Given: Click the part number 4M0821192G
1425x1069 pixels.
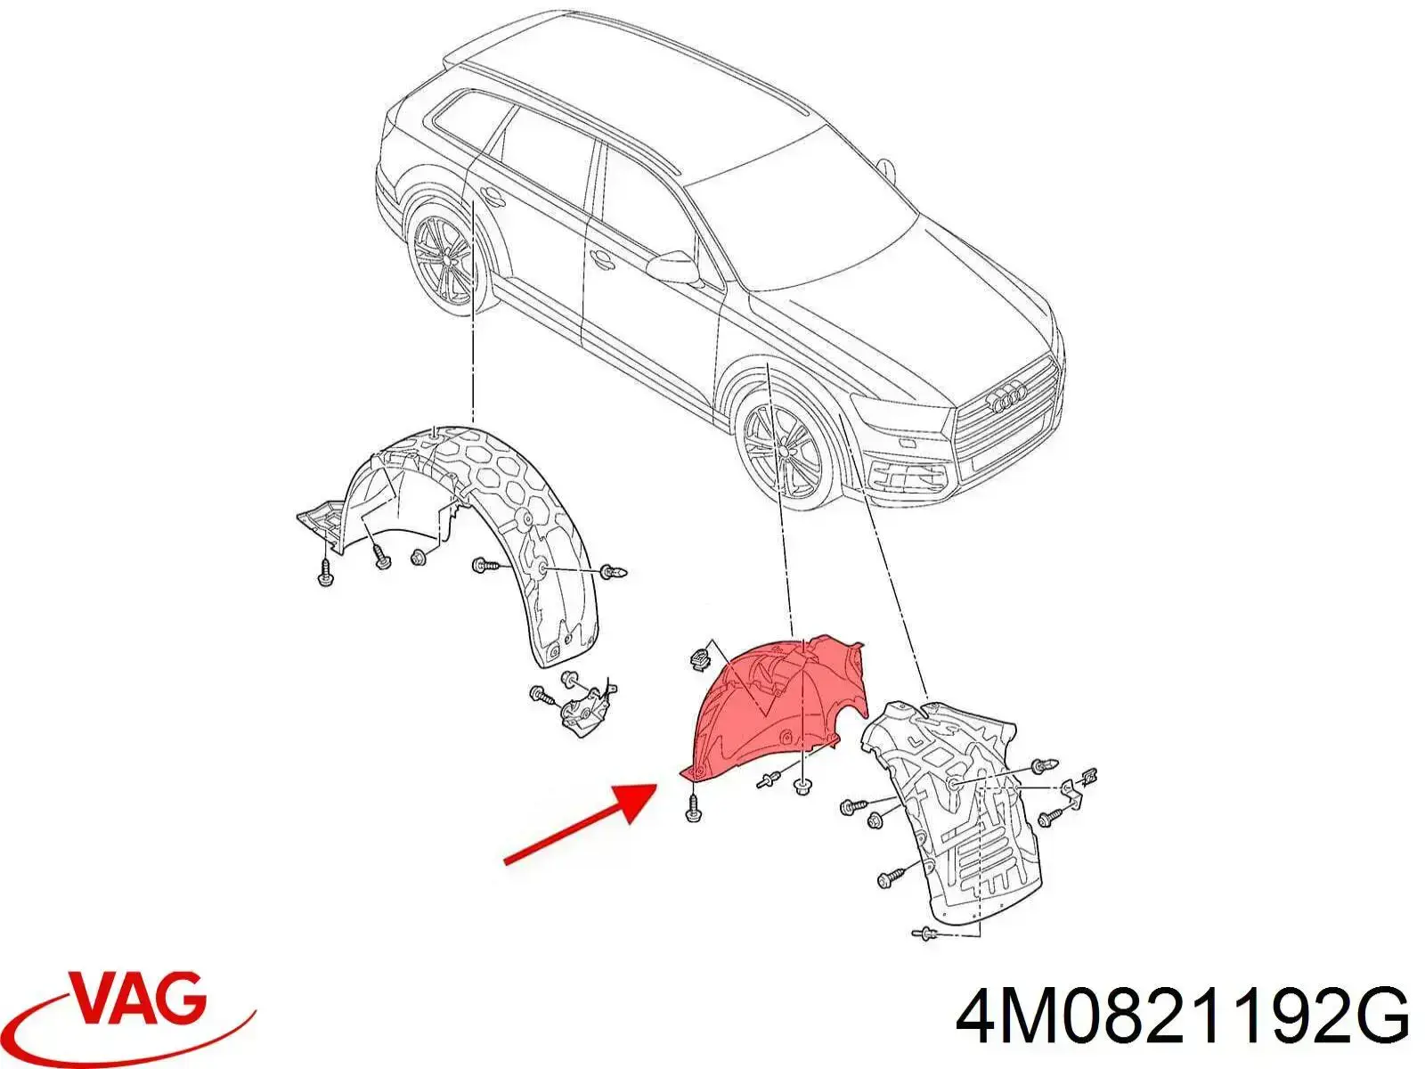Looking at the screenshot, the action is pos(1183,1020).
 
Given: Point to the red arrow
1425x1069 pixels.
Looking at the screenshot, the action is pos(581,824).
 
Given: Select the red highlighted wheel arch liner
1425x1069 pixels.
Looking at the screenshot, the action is pos(776,706).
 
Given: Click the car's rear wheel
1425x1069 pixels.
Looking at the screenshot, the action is pos(444,257).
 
